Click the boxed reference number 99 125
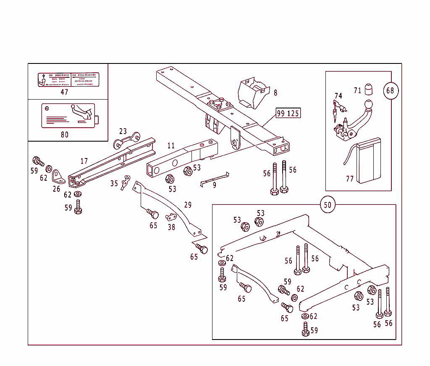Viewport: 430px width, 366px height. pos(288,113)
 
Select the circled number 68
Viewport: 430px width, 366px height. pos(390,90)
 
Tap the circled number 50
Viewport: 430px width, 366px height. pos(328,205)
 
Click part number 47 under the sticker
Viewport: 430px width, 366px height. pos(64,92)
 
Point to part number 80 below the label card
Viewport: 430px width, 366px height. pos(64,134)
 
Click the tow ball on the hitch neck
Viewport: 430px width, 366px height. pos(368,104)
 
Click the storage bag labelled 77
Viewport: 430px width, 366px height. pos(367,163)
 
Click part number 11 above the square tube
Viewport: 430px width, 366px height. pos(170,146)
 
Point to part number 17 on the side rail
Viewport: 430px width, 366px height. pos(84,161)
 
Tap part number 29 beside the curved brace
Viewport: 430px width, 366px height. pos(188,205)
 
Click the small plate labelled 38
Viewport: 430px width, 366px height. pos(170,217)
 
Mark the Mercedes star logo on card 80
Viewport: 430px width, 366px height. pos(48,108)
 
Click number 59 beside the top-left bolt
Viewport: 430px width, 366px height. pos(34,171)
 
